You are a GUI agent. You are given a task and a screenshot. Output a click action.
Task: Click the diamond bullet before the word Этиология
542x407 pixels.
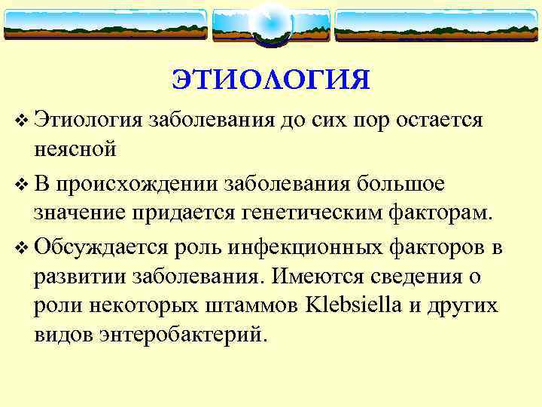pyautogui.click(x=21, y=121)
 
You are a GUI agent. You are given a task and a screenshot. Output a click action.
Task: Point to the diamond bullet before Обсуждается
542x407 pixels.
pyautogui.click(x=21, y=247)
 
